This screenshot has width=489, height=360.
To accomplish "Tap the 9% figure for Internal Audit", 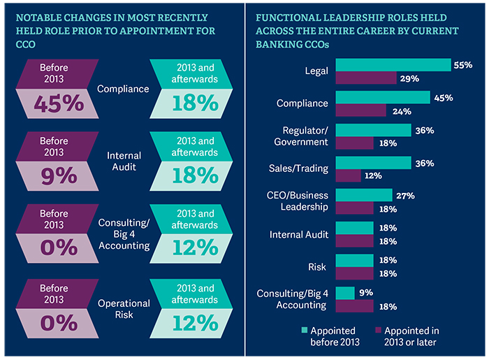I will (x=54, y=175).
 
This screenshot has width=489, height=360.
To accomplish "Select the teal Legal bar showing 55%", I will (x=393, y=65).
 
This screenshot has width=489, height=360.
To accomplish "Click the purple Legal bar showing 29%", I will (x=366, y=78).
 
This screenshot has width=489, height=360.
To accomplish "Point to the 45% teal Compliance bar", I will (x=383, y=97).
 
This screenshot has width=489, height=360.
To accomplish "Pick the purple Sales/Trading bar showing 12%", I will (x=349, y=176).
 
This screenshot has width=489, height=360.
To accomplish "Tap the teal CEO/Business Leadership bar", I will (x=364, y=195).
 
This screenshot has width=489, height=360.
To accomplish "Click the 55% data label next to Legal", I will (x=464, y=65).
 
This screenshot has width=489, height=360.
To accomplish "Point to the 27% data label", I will (x=406, y=195).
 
